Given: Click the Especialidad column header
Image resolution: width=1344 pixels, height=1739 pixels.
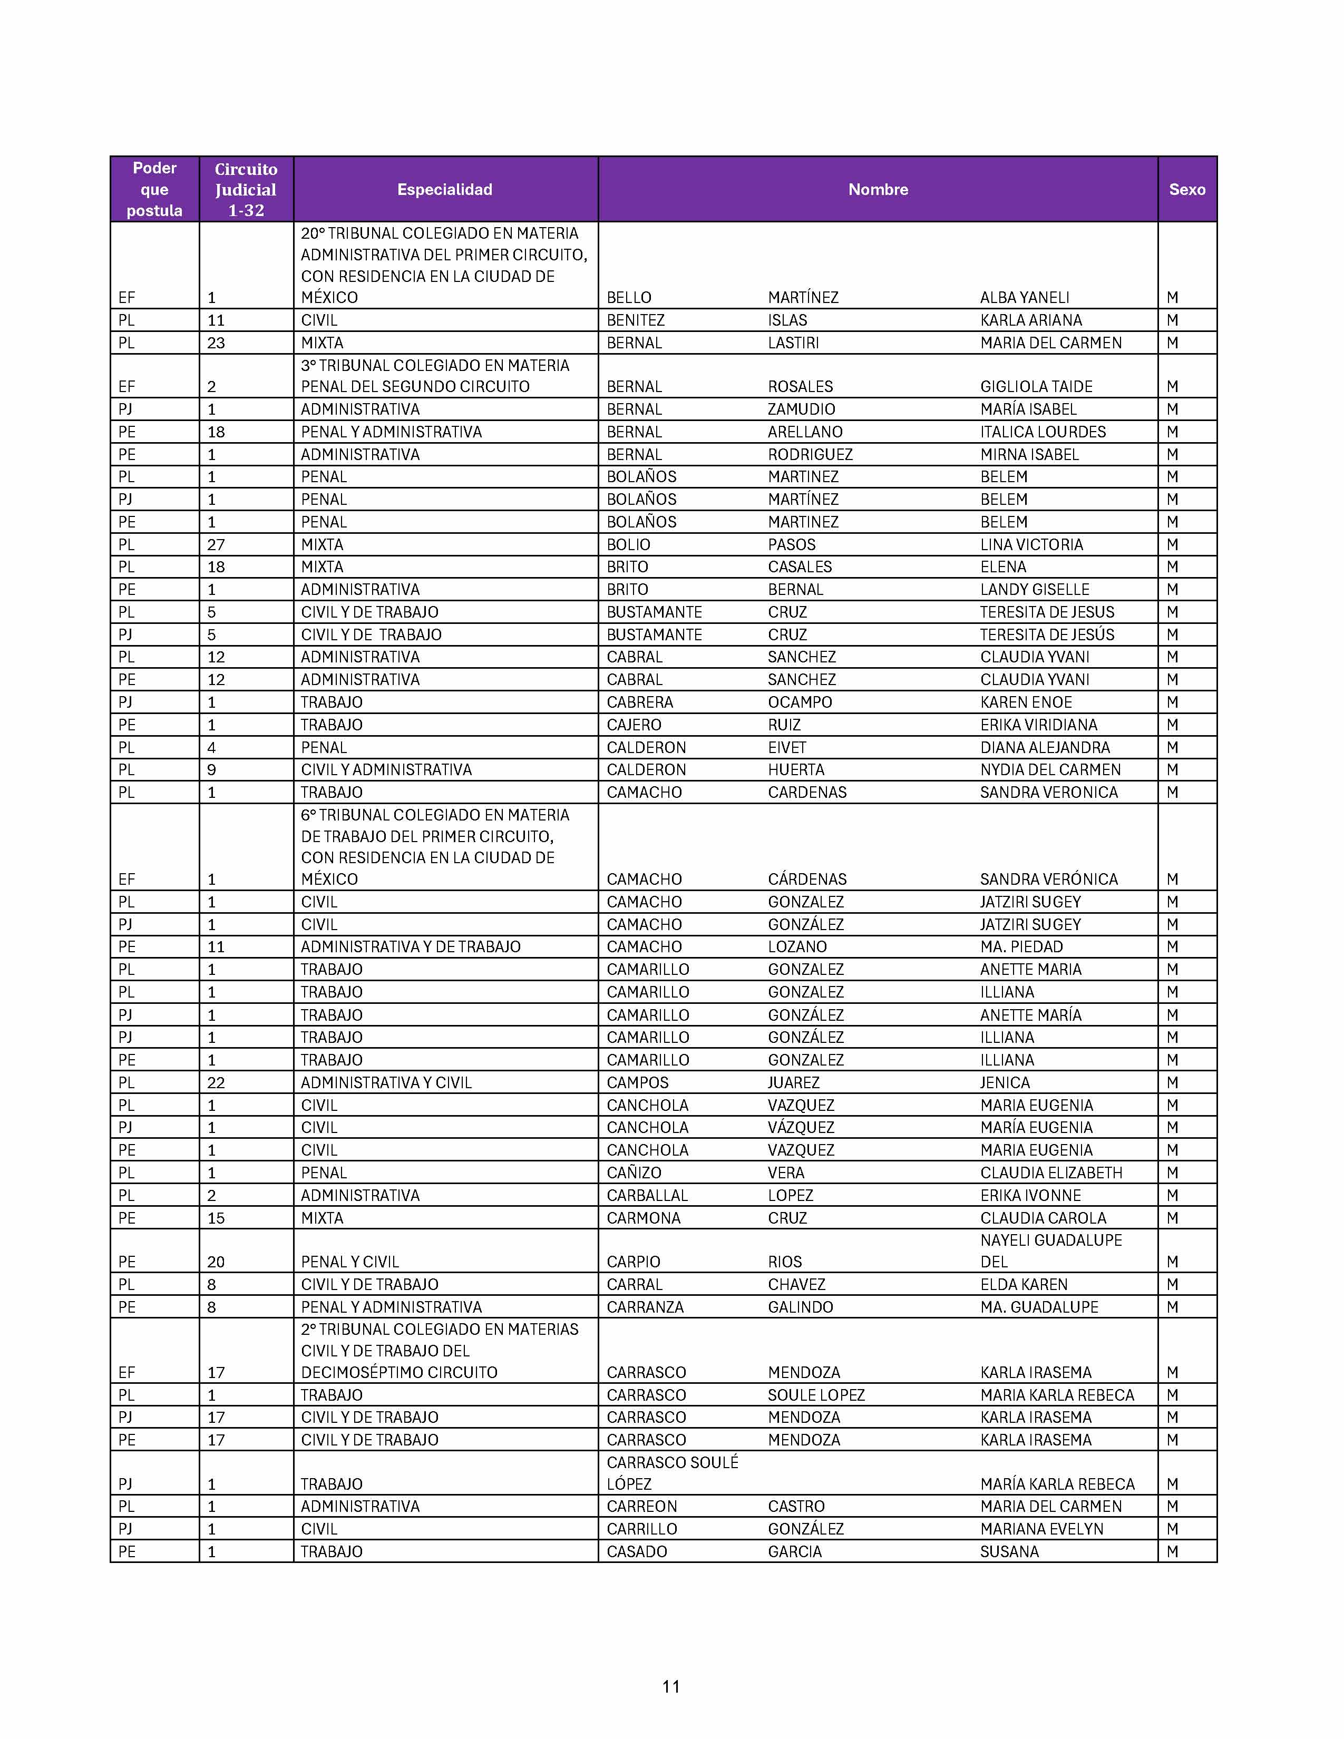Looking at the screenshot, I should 444,190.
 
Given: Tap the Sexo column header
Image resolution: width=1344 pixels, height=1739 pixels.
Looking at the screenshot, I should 1186,190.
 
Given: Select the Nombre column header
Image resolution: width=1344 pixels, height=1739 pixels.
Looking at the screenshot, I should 878,190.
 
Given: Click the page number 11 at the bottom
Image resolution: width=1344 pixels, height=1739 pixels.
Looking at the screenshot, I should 671,1686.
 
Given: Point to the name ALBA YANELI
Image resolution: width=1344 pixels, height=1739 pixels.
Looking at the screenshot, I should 1025,298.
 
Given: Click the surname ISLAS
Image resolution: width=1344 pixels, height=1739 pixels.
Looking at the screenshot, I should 787,320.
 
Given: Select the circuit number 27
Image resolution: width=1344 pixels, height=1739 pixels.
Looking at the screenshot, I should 216,545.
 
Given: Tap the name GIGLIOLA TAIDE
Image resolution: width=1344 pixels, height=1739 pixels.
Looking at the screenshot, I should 1036,387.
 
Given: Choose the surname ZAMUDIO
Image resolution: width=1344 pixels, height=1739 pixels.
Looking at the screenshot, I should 801,409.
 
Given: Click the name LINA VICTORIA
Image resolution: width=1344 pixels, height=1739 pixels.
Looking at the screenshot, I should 1031,545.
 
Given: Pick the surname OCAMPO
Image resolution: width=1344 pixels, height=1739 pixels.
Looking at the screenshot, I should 800,702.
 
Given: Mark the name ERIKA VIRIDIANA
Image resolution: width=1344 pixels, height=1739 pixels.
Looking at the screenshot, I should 1038,725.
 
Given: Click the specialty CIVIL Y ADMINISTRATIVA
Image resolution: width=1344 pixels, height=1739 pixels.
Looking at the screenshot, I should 386,770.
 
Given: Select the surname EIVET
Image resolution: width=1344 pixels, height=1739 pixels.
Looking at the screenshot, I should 787,748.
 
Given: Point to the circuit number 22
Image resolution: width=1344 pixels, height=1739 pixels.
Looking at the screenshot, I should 216,1083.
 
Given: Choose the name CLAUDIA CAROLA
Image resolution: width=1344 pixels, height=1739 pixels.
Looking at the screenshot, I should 1043,1218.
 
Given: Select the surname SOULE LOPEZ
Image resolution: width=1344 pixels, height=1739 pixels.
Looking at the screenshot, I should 816,1395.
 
